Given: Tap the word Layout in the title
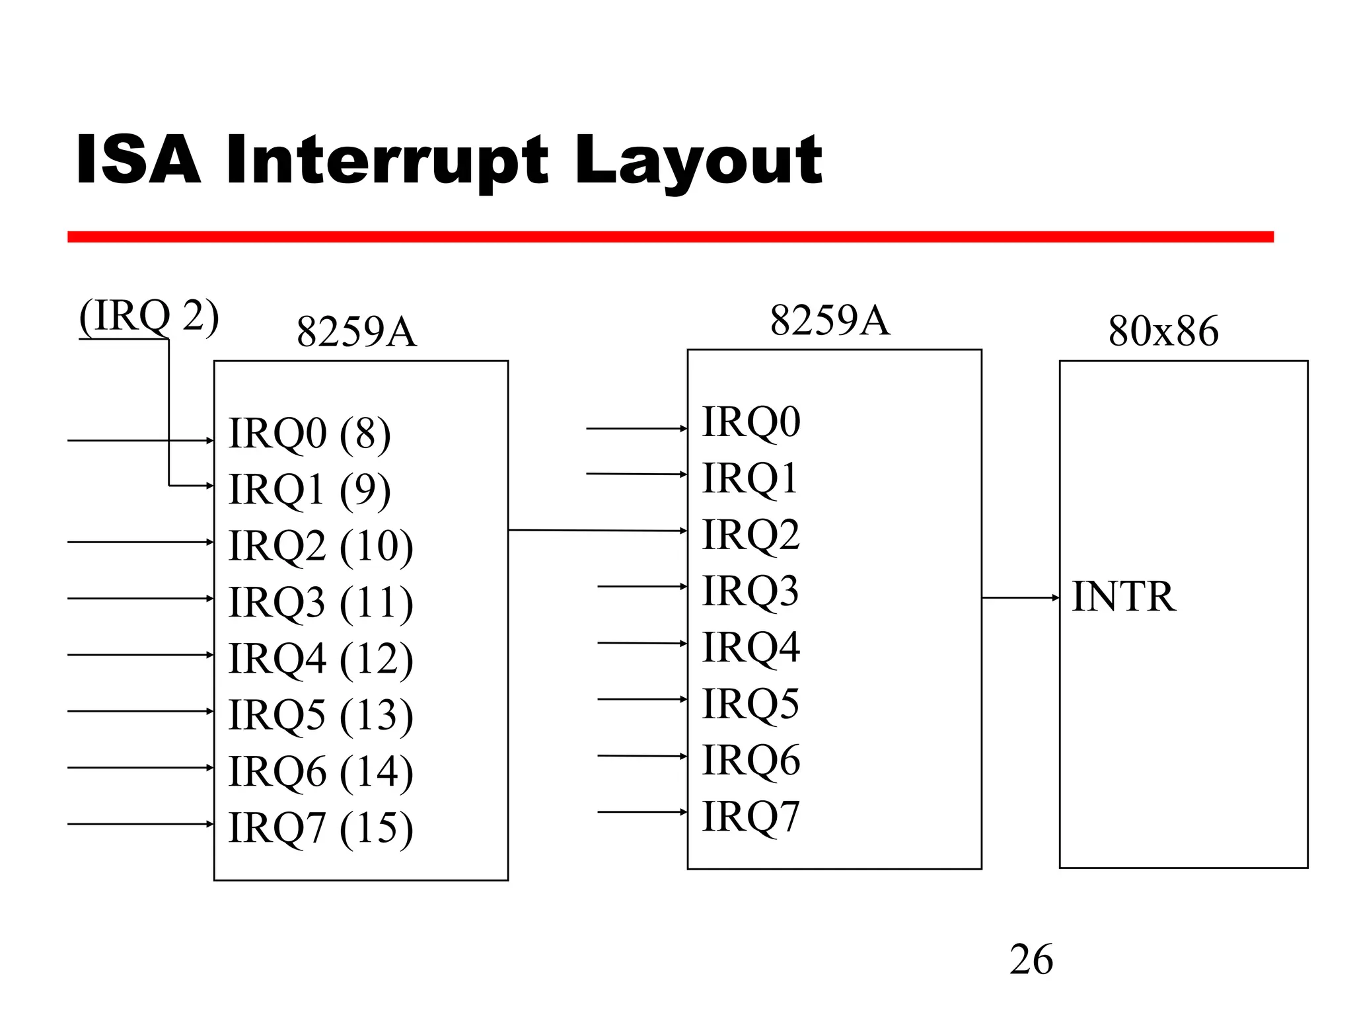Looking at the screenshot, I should (698, 161).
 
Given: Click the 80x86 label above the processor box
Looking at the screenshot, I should (1163, 330).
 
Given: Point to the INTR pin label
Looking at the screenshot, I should (1123, 596).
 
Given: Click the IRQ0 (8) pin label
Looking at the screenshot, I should (309, 434).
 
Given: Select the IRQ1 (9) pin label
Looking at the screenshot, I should (309, 490).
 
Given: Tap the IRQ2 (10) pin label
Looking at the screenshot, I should (320, 546).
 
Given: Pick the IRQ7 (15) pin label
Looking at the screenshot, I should (320, 828).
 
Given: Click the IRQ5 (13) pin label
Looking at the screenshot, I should (320, 716).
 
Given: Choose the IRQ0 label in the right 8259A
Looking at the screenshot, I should (750, 422).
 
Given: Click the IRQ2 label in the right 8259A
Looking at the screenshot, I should (750, 534).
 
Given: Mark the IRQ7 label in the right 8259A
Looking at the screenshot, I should (750, 816).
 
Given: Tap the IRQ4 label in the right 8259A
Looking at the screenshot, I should (750, 647).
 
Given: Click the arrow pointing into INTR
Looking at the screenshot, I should (1020, 598).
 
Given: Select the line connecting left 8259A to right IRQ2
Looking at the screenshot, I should (598, 530).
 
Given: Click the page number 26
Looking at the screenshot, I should (1031, 959).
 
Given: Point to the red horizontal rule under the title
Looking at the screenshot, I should (670, 237).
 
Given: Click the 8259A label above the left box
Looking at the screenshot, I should (356, 332).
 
